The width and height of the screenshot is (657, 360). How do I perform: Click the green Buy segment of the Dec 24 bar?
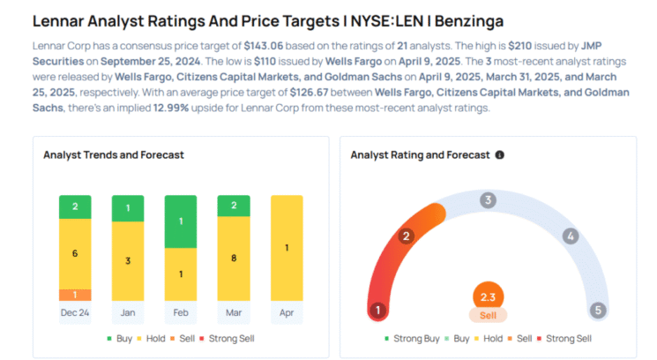75,206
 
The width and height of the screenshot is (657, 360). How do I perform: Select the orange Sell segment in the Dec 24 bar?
75,295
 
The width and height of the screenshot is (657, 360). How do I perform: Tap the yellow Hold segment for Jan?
128,260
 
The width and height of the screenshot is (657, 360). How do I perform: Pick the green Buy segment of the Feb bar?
181,221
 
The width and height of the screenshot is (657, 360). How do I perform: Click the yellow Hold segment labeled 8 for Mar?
234,259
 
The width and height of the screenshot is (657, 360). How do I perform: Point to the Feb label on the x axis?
181,312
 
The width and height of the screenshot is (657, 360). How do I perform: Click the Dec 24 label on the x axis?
75,312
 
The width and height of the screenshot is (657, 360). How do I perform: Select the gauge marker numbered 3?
487,200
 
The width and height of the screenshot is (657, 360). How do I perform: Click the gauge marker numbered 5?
597,310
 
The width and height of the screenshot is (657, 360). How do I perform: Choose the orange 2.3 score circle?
487,297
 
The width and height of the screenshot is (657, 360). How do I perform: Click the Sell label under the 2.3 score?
487,315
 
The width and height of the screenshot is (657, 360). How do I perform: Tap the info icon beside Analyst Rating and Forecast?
500,154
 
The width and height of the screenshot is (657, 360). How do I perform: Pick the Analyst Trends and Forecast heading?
114,154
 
